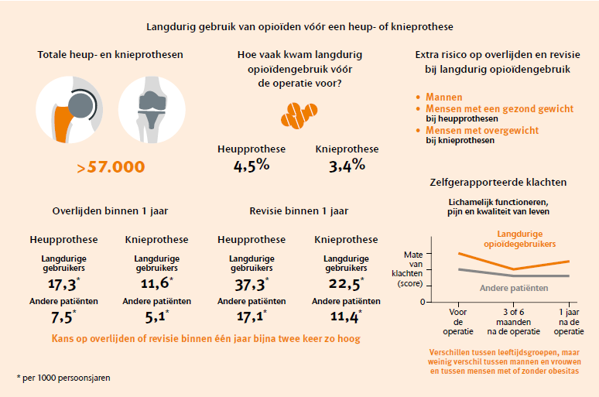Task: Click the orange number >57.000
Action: pyautogui.click(x=111, y=167)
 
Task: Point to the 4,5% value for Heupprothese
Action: pyautogui.click(x=252, y=165)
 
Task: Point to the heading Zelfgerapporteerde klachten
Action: pyautogui.click(x=498, y=183)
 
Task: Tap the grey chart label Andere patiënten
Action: pyautogui.click(x=509, y=288)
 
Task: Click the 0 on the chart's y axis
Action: pyautogui.click(x=423, y=301)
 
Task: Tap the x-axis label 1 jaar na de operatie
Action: pyautogui.click(x=569, y=321)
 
